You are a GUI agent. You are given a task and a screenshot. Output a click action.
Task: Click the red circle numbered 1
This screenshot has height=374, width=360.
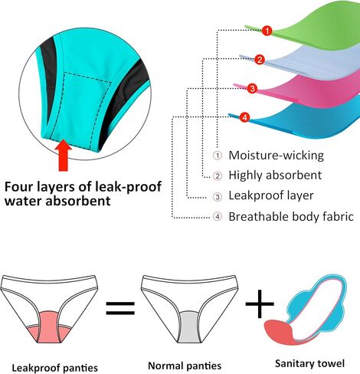coord(267,31)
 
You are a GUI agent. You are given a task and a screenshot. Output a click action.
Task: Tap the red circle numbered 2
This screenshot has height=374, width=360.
coord(260,60)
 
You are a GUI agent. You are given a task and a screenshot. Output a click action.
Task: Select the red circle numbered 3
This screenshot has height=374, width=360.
coord(252,88)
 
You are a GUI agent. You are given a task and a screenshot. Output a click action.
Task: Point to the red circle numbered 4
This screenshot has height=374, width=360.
coord(244,117)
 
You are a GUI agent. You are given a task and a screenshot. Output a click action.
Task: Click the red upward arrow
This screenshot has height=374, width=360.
coord(64,155)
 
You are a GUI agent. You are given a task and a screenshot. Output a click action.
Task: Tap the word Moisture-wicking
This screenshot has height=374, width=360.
coord(276,156)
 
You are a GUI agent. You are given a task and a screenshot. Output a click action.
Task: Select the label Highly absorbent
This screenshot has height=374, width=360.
coord(275,176)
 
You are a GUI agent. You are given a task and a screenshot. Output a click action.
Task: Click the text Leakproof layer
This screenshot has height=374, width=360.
coord(271,195)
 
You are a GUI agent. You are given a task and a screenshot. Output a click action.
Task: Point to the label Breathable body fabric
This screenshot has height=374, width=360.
coord(291,217)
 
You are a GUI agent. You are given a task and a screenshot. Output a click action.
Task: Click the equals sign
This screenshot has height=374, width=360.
coord(120,307)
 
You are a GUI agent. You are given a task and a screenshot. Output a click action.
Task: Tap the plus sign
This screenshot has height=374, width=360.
coord(260,304)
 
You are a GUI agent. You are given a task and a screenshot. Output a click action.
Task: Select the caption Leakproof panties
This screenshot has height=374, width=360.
coord(55,368)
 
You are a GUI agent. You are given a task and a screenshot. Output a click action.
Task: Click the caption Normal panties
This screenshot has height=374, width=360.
coord(185,366)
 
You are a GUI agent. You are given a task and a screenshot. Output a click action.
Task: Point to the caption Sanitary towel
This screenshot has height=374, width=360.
coord(309,363)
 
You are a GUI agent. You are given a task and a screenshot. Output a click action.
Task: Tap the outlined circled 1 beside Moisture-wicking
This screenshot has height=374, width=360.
coord(218,156)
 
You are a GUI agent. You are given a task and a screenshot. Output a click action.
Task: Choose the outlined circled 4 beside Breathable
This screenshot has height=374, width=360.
coord(218,217)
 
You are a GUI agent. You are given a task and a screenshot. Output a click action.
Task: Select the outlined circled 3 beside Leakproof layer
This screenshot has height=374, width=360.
coord(218,196)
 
